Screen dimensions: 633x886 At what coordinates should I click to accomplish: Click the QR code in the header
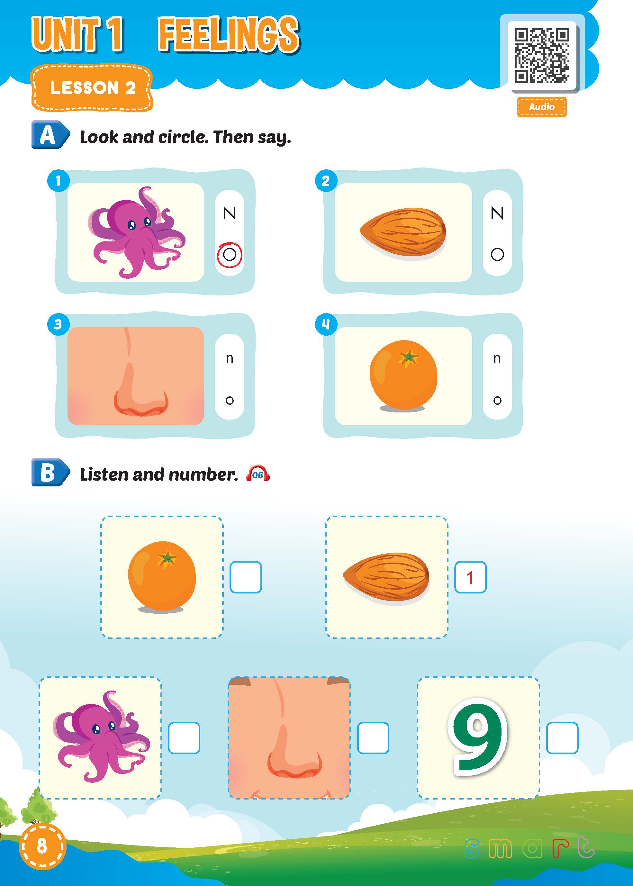[x=541, y=55]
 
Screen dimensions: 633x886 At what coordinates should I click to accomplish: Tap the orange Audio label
[x=541, y=107]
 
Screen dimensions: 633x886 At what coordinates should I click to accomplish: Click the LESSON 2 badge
[x=92, y=88]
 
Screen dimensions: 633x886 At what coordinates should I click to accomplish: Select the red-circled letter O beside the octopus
[x=230, y=255]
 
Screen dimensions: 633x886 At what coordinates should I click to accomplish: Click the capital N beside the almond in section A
[x=497, y=213]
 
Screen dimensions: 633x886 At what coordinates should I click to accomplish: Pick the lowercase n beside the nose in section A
[x=230, y=358]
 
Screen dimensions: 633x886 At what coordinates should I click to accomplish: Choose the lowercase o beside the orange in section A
[x=497, y=400]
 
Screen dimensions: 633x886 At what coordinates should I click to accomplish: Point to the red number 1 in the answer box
[x=470, y=578]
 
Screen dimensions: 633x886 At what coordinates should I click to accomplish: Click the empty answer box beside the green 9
[x=562, y=738]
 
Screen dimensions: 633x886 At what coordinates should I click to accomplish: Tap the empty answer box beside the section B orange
[x=246, y=577]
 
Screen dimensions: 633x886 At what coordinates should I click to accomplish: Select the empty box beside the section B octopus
[x=184, y=738]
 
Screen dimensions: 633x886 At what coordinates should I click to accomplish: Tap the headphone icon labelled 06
[x=258, y=474]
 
